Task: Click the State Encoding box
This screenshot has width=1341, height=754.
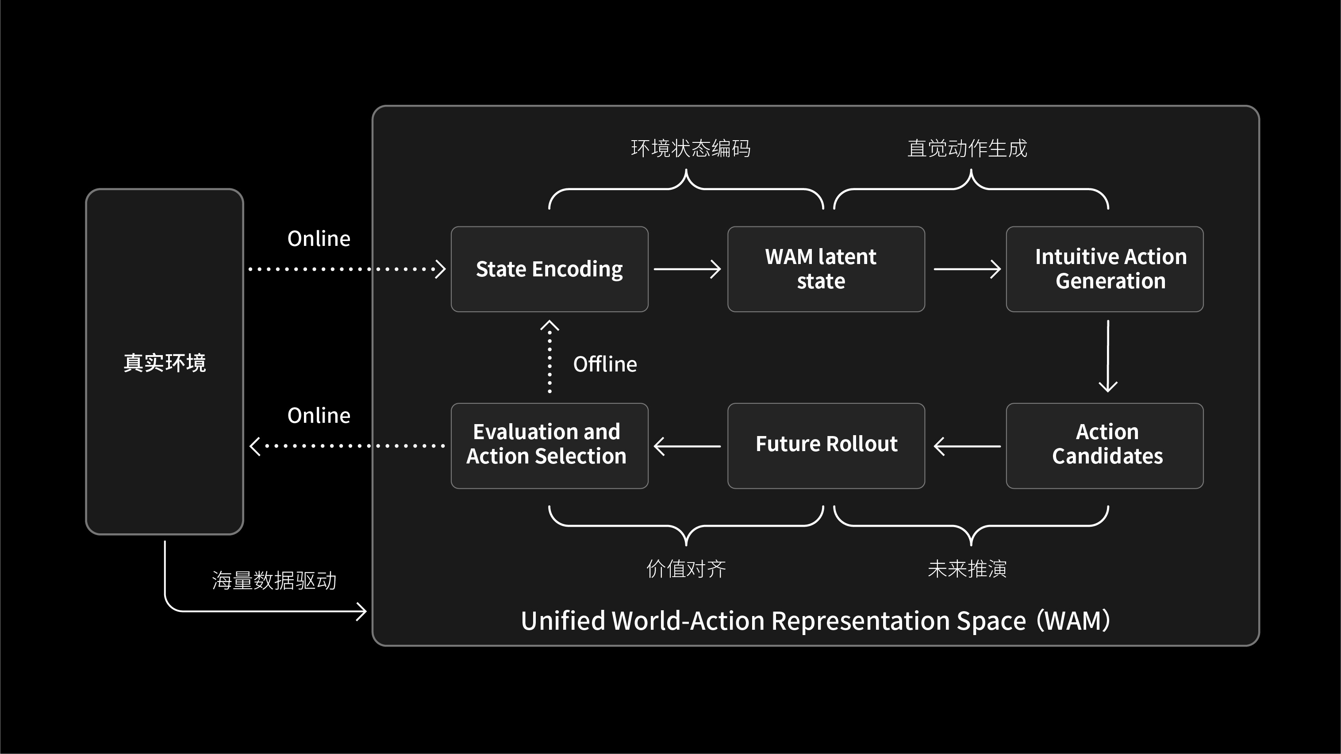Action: tap(549, 269)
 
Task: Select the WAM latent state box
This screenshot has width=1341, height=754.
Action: tap(826, 269)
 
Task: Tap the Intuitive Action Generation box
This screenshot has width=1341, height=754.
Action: tap(1104, 269)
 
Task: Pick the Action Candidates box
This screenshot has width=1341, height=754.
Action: tap(1104, 445)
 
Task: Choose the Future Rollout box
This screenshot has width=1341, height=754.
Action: tap(826, 445)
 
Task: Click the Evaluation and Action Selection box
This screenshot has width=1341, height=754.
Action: tap(549, 445)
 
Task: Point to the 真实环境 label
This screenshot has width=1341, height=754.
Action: tap(165, 363)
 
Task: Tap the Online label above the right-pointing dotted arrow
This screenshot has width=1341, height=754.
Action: tap(319, 239)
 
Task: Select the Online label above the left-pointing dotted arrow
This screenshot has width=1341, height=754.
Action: tap(319, 416)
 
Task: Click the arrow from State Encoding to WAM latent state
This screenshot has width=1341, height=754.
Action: tap(687, 269)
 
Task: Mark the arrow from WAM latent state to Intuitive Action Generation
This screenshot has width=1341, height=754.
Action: tap(967, 269)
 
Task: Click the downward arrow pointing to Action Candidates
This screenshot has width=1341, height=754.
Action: tap(1108, 356)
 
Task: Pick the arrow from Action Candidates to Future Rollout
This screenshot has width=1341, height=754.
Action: tap(967, 446)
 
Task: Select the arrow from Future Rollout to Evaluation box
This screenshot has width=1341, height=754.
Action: tap(687, 446)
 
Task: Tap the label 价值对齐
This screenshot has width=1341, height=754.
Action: tap(686, 569)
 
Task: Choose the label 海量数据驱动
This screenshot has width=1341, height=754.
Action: tap(274, 581)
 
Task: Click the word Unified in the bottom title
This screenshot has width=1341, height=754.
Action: tap(563, 621)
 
